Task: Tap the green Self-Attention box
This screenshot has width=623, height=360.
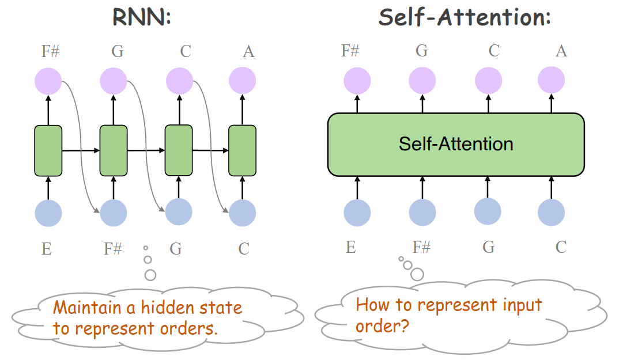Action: [456, 144]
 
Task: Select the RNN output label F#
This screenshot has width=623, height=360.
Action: [50, 51]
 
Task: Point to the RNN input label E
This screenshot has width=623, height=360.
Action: [46, 249]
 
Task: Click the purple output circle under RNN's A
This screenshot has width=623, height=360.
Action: [242, 81]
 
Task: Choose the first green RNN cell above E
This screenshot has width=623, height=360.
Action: [48, 150]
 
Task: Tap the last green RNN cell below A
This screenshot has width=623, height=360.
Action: [243, 150]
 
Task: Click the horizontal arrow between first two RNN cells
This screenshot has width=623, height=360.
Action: [81, 150]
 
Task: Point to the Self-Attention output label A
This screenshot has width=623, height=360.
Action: [561, 51]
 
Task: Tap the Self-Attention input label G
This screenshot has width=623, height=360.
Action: [489, 248]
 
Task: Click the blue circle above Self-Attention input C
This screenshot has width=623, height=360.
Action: [552, 212]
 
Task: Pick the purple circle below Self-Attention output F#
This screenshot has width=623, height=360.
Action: [357, 81]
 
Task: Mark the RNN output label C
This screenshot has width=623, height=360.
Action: [186, 51]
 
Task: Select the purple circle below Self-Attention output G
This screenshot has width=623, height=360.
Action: [422, 81]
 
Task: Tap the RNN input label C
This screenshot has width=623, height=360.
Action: [244, 249]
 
